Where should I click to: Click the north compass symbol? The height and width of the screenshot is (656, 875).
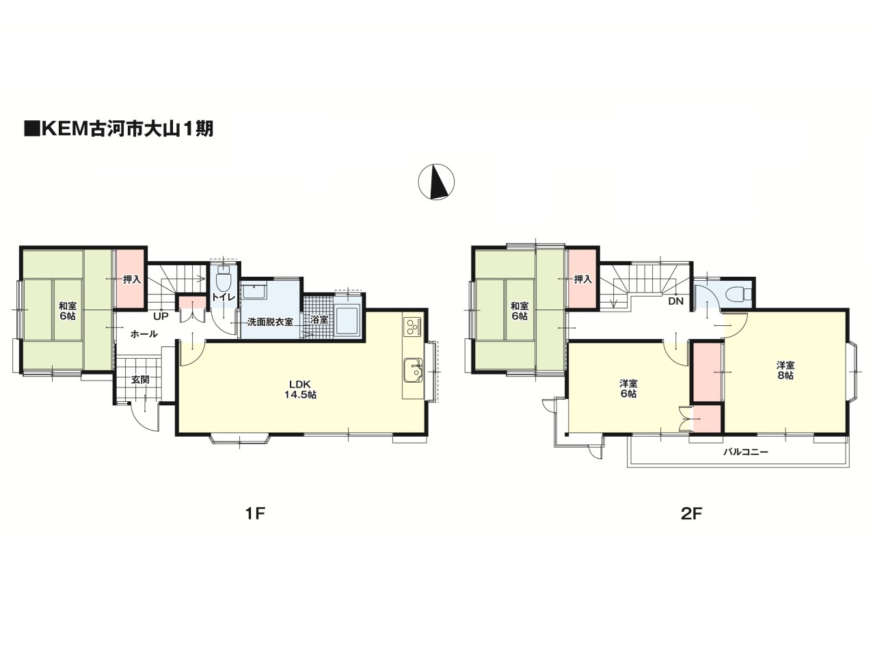point(437,182)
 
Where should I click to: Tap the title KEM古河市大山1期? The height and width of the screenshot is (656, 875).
point(119,129)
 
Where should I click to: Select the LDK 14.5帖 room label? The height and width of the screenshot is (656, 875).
point(300,389)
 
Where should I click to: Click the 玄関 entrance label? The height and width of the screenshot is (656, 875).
point(140,379)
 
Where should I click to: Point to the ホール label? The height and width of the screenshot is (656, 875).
point(144,333)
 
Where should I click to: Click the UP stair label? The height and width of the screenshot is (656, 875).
point(161,316)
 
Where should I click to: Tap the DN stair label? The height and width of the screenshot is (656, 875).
point(675,301)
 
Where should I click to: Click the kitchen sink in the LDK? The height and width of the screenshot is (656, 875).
point(414,370)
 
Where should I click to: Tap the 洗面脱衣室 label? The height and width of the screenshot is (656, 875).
point(270,322)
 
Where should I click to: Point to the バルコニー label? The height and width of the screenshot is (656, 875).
point(746,452)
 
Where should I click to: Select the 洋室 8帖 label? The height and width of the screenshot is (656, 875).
point(785,370)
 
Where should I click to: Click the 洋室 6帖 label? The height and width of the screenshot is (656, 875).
point(628,389)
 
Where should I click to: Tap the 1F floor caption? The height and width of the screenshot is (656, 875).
point(255,514)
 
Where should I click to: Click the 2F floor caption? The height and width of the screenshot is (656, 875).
point(691,514)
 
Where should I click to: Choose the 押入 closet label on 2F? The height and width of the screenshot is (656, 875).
point(583,279)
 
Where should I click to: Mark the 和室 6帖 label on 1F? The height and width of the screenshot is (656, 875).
point(68,311)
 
